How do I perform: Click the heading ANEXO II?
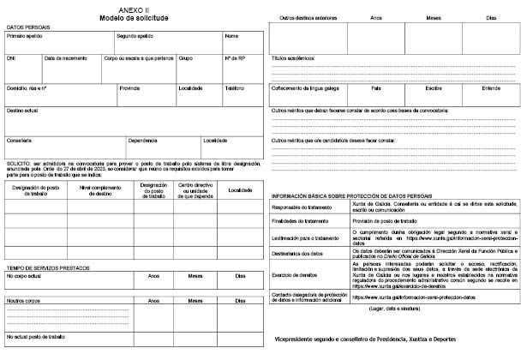132,9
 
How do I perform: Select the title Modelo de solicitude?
132,17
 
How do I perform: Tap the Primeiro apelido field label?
25,37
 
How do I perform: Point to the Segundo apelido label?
135,37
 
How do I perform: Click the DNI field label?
11,58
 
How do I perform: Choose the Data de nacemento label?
65,58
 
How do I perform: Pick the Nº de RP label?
236,58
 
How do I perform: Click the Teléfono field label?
235,87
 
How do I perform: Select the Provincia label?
129,87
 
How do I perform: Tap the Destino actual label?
22,111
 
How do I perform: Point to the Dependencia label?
142,140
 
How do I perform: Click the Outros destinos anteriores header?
308,17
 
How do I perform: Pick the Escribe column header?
433,87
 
